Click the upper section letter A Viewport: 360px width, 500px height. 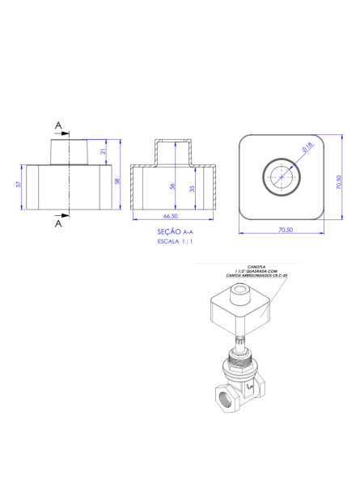point(57,125)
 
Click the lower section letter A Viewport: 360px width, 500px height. point(57,224)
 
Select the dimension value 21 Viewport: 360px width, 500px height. point(104,151)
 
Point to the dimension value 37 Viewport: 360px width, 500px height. point(19,185)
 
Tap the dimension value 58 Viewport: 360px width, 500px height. point(118,182)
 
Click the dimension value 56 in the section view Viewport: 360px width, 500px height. point(172,186)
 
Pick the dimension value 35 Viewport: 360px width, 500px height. point(191,189)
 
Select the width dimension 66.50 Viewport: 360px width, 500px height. point(171,218)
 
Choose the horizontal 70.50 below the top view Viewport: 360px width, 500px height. point(285,231)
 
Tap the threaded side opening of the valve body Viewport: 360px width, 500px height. point(225,398)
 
